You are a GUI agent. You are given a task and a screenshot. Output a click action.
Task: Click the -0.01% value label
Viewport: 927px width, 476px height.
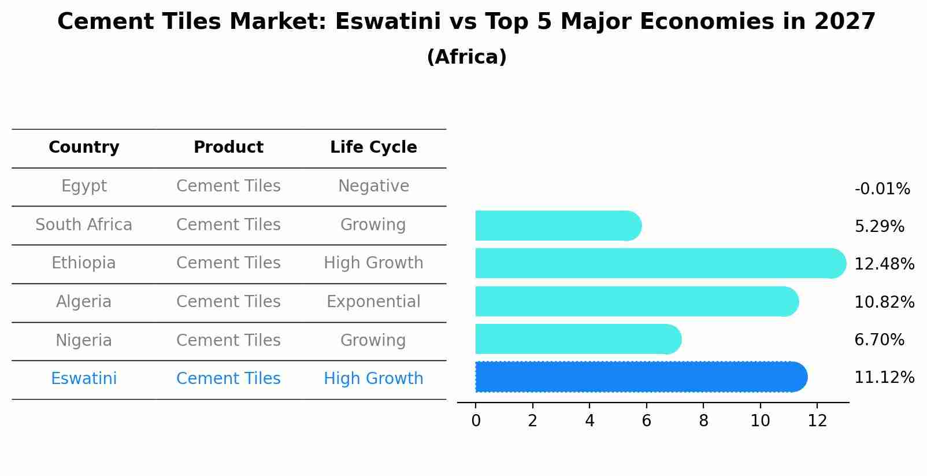pyautogui.click(x=882, y=189)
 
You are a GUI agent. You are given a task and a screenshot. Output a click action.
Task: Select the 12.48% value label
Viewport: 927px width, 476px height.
pyautogui.click(x=884, y=264)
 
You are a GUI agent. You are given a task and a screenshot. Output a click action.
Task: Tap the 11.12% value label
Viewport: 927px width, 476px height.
pyautogui.click(x=884, y=378)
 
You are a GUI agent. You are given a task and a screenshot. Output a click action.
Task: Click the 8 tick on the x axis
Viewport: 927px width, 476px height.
pyautogui.click(x=703, y=421)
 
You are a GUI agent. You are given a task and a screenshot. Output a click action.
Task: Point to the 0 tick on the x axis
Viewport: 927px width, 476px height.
pyautogui.click(x=476, y=421)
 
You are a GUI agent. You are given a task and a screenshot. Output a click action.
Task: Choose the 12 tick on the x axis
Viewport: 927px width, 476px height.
pyautogui.click(x=817, y=421)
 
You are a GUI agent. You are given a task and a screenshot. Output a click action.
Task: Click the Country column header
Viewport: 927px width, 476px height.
pyautogui.click(x=84, y=147)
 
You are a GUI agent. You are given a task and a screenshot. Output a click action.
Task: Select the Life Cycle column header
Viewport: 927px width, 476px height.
pyautogui.click(x=373, y=147)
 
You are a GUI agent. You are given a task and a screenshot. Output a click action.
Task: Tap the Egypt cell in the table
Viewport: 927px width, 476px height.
pyautogui.click(x=84, y=186)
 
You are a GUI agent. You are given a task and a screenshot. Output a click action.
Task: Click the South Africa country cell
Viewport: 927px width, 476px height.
pyautogui.click(x=84, y=224)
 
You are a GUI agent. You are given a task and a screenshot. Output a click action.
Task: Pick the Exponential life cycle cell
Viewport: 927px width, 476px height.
pyautogui.click(x=373, y=302)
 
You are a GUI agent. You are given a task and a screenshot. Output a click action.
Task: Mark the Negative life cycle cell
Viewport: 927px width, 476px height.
pyautogui.click(x=373, y=186)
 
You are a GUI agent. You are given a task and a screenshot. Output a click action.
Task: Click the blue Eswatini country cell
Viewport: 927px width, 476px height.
pyautogui.click(x=84, y=379)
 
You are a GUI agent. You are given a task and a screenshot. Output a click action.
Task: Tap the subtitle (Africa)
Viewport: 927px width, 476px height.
pyautogui.click(x=466, y=57)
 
